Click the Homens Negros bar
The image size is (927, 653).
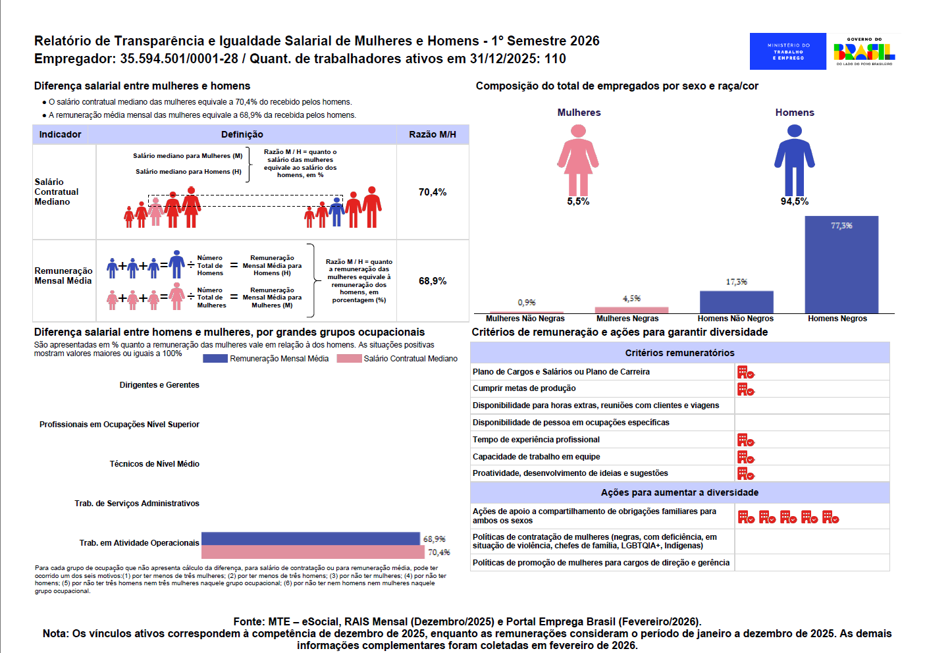841,265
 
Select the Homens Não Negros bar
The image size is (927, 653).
736,302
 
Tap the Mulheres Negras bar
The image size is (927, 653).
631,310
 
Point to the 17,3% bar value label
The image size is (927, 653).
736,282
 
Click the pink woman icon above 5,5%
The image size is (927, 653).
578,161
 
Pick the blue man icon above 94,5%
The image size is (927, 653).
795,161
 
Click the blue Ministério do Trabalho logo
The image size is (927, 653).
788,51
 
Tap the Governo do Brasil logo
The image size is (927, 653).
864,51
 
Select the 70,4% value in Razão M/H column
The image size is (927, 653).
433,192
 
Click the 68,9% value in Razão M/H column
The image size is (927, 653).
433,281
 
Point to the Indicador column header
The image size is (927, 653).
60,134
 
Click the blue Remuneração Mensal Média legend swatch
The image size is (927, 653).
215,358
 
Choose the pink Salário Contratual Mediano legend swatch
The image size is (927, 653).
349,358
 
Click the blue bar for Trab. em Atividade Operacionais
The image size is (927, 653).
310,538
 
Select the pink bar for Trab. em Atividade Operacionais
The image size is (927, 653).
313,552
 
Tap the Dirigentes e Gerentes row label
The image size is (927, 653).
159,385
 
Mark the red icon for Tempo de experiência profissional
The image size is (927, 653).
746,440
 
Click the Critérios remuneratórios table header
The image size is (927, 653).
679,353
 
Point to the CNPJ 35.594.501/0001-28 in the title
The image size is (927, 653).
179,59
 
